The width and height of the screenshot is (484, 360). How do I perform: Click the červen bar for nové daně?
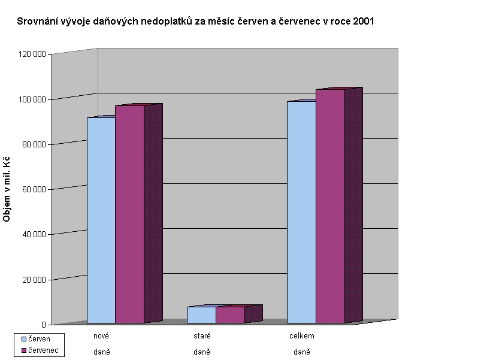(101, 220)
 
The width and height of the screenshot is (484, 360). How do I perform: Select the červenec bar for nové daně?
(129, 214)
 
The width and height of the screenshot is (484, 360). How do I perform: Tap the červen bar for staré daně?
(201, 315)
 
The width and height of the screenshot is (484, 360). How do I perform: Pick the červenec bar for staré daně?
(230, 315)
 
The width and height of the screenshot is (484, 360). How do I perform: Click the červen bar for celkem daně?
(301, 212)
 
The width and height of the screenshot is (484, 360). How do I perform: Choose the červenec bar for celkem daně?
(330, 206)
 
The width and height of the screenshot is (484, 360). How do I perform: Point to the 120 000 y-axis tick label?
(33, 54)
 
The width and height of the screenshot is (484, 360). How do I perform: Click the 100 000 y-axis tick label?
(33, 99)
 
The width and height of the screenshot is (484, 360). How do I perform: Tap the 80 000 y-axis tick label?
(35, 144)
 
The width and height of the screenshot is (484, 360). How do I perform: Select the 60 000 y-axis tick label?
(35, 189)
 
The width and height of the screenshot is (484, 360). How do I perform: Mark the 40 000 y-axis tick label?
(35, 234)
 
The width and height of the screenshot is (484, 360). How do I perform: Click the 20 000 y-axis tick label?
(35, 280)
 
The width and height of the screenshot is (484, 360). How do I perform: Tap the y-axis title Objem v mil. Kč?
(7, 189)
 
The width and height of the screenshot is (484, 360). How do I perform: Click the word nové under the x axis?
(101, 336)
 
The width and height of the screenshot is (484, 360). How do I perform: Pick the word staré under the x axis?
(202, 336)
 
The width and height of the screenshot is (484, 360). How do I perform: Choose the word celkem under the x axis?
(302, 336)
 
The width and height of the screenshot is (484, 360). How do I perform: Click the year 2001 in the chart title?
(362, 22)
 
